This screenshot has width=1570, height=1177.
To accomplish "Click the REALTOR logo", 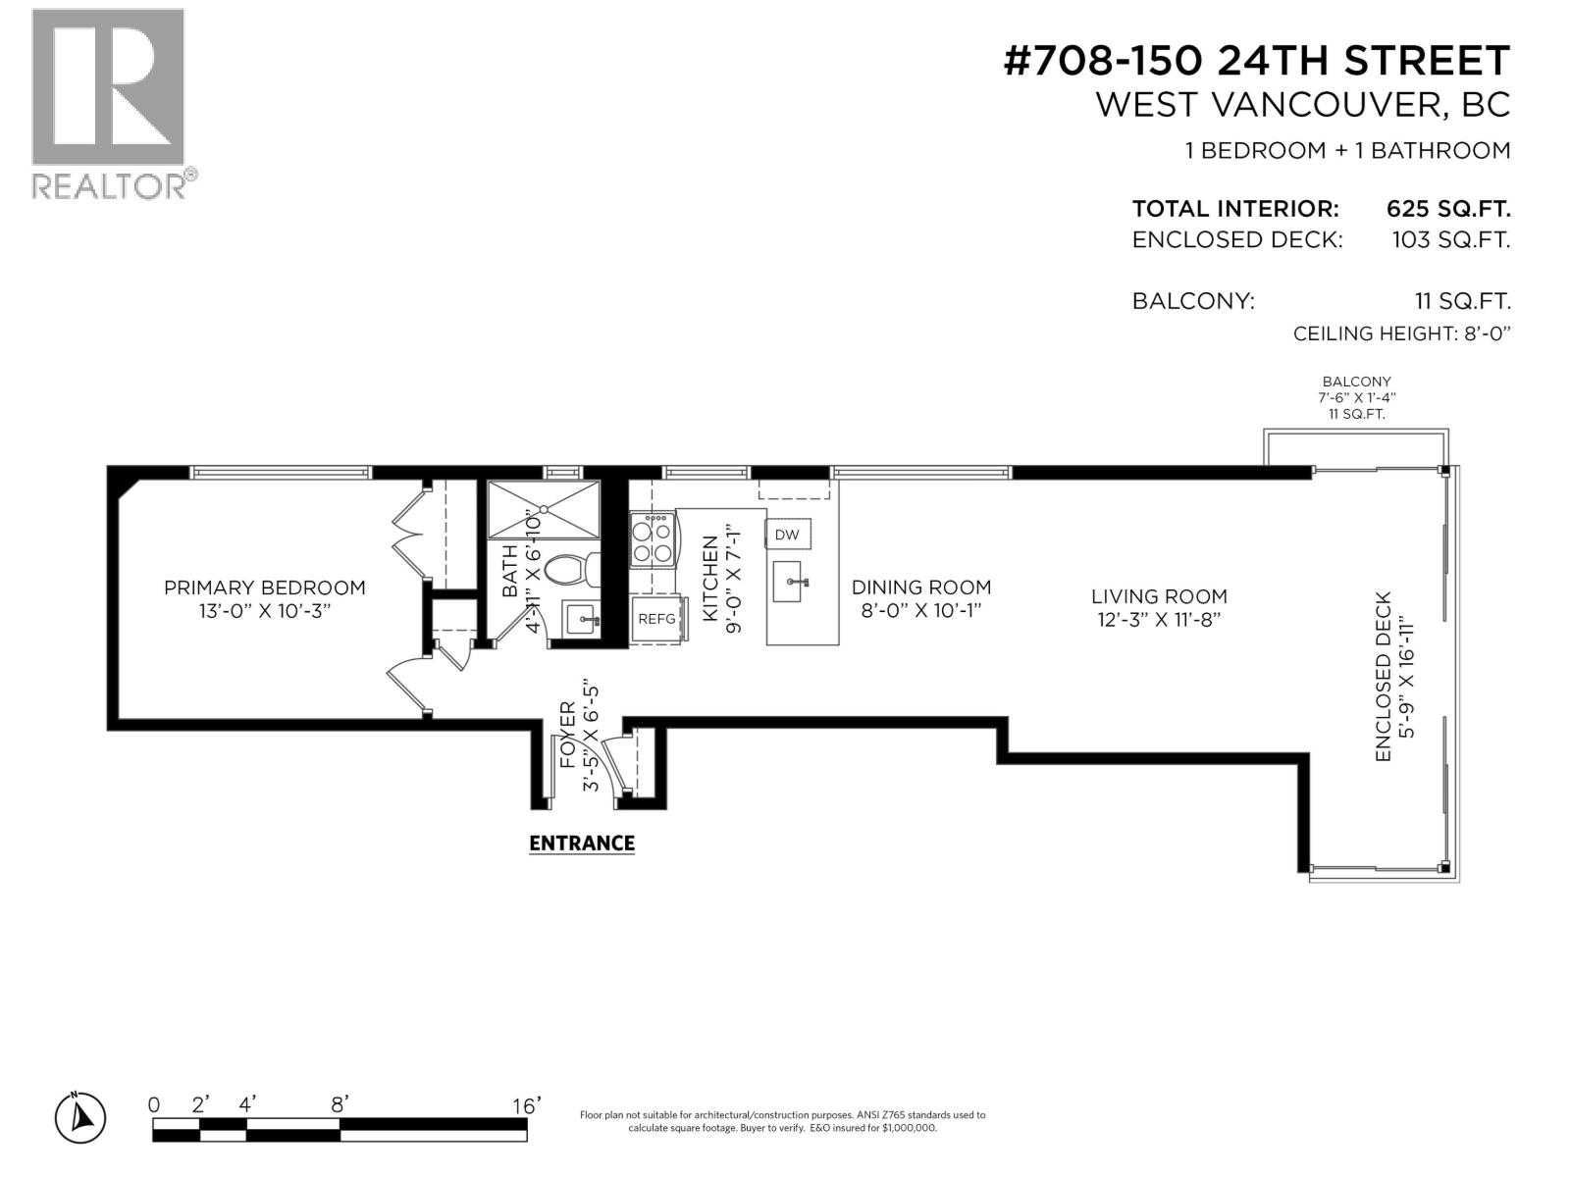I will tap(108, 103).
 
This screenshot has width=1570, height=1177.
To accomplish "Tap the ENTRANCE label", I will tap(582, 844).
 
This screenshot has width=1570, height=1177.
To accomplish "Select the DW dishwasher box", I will tap(787, 535).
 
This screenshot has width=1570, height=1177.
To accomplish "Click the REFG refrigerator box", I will tap(656, 619).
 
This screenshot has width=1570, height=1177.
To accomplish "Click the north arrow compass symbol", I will tap(80, 1117).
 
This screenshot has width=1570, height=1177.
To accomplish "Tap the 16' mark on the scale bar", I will tap(527, 1106).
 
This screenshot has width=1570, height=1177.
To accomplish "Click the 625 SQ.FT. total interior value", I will tap(1447, 209).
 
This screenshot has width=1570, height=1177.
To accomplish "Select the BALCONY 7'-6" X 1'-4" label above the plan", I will tap(1356, 397).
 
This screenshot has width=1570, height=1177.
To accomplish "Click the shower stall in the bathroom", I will tap(544, 509).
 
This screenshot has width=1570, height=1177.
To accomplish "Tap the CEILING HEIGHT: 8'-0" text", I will tap(1400, 333).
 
